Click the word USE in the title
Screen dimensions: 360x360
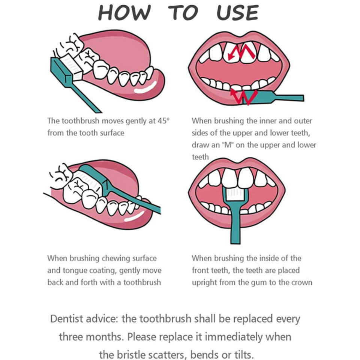[x=238, y=13]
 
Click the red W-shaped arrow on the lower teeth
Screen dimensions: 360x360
[x=244, y=96]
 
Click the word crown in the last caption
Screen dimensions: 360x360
[x=301, y=282]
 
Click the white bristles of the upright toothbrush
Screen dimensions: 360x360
[x=235, y=194]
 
